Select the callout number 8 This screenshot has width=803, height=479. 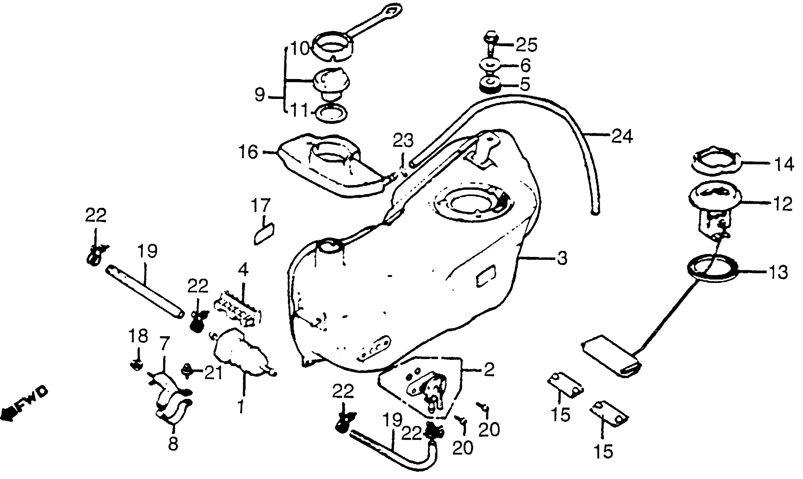coord(173,445)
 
